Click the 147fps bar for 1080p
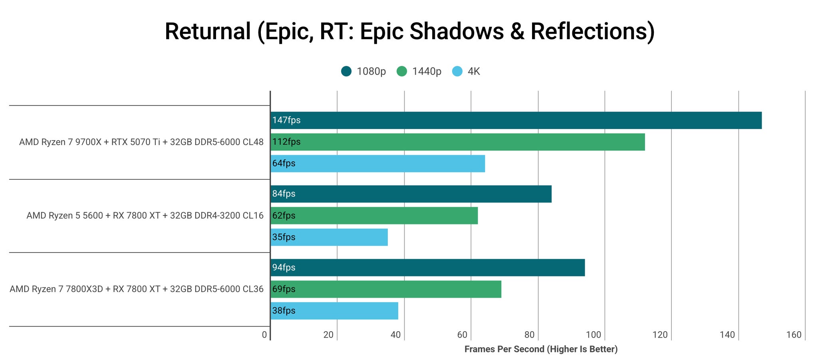pyautogui.click(x=516, y=120)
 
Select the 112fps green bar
pyautogui.click(x=458, y=142)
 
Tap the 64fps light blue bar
pyautogui.click(x=378, y=163)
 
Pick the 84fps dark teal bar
pyautogui.click(x=411, y=194)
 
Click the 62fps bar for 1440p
pyautogui.click(x=374, y=215)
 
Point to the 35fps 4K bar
pyautogui.click(x=329, y=237)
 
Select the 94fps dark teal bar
pyautogui.click(x=428, y=267)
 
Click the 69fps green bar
pyautogui.click(x=386, y=289)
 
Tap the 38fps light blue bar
pyautogui.click(x=334, y=310)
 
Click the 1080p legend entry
pyautogui.click(x=363, y=72)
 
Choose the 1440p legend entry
pyautogui.click(x=419, y=72)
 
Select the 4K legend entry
pyautogui.click(x=466, y=72)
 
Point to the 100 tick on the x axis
pyautogui.click(x=594, y=335)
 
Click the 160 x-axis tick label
pyautogui.click(x=794, y=335)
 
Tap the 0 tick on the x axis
pyautogui.click(x=264, y=335)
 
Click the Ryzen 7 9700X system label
pyautogui.click(x=141, y=142)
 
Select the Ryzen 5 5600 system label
pyautogui.click(x=145, y=215)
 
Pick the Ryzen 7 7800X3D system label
pyautogui.click(x=137, y=289)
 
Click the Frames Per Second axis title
pyautogui.click(x=541, y=349)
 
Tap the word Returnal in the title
pyautogui.click(x=208, y=31)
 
